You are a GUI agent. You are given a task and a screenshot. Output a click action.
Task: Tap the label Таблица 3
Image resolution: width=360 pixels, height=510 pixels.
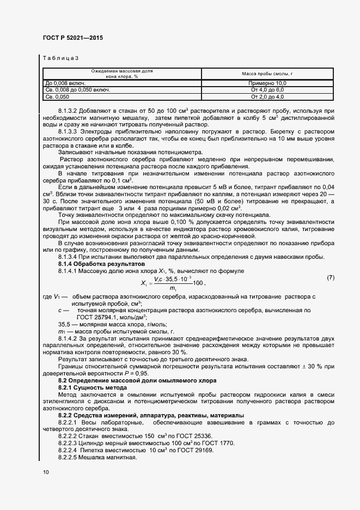click(x=60, y=58)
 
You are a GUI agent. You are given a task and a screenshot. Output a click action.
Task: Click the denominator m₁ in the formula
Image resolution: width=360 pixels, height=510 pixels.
click(x=173, y=288)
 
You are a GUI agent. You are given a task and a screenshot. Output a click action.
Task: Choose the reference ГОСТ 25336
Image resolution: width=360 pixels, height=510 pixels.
click(x=167, y=436)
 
